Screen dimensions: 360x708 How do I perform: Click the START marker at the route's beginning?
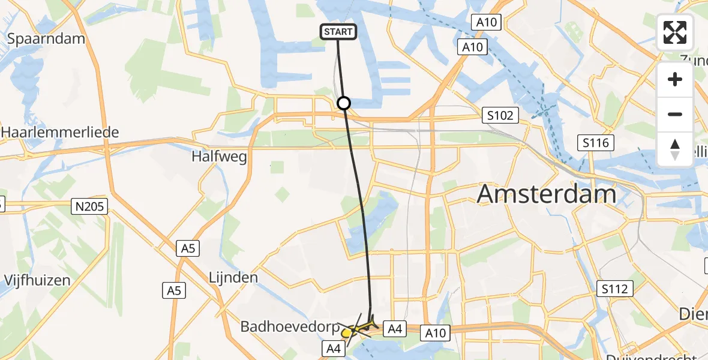click(339, 32)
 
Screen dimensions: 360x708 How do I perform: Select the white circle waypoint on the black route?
click(344, 103)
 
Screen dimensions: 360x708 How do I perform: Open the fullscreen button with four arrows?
click(675, 32)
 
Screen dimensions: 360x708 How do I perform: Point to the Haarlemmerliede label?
click(60, 132)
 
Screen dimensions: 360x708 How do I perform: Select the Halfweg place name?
click(219, 157)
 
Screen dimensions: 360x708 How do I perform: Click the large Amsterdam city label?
click(547, 194)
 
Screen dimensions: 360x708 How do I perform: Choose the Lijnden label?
click(233, 278)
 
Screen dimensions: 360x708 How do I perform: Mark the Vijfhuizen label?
click(37, 280)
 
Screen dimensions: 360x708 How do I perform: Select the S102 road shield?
click(500, 115)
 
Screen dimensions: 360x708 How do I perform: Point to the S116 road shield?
click(595, 143)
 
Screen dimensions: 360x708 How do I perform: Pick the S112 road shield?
click(615, 289)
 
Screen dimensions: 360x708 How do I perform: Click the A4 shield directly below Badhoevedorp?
click(335, 347)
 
